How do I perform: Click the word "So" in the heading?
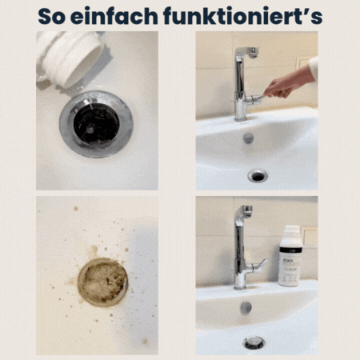51,17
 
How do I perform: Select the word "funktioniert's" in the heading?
243,16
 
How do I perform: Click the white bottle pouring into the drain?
70,58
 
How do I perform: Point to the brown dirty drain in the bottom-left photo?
102,282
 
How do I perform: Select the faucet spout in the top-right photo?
247,52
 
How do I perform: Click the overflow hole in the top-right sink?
248,138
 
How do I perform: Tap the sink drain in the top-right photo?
258,176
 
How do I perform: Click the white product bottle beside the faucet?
290,256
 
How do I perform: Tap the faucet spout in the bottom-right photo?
245,210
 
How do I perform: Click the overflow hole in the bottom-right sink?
246,307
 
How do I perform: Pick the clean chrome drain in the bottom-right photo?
254,342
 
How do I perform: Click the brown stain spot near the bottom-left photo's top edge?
76,208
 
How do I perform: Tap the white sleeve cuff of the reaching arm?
314,67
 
